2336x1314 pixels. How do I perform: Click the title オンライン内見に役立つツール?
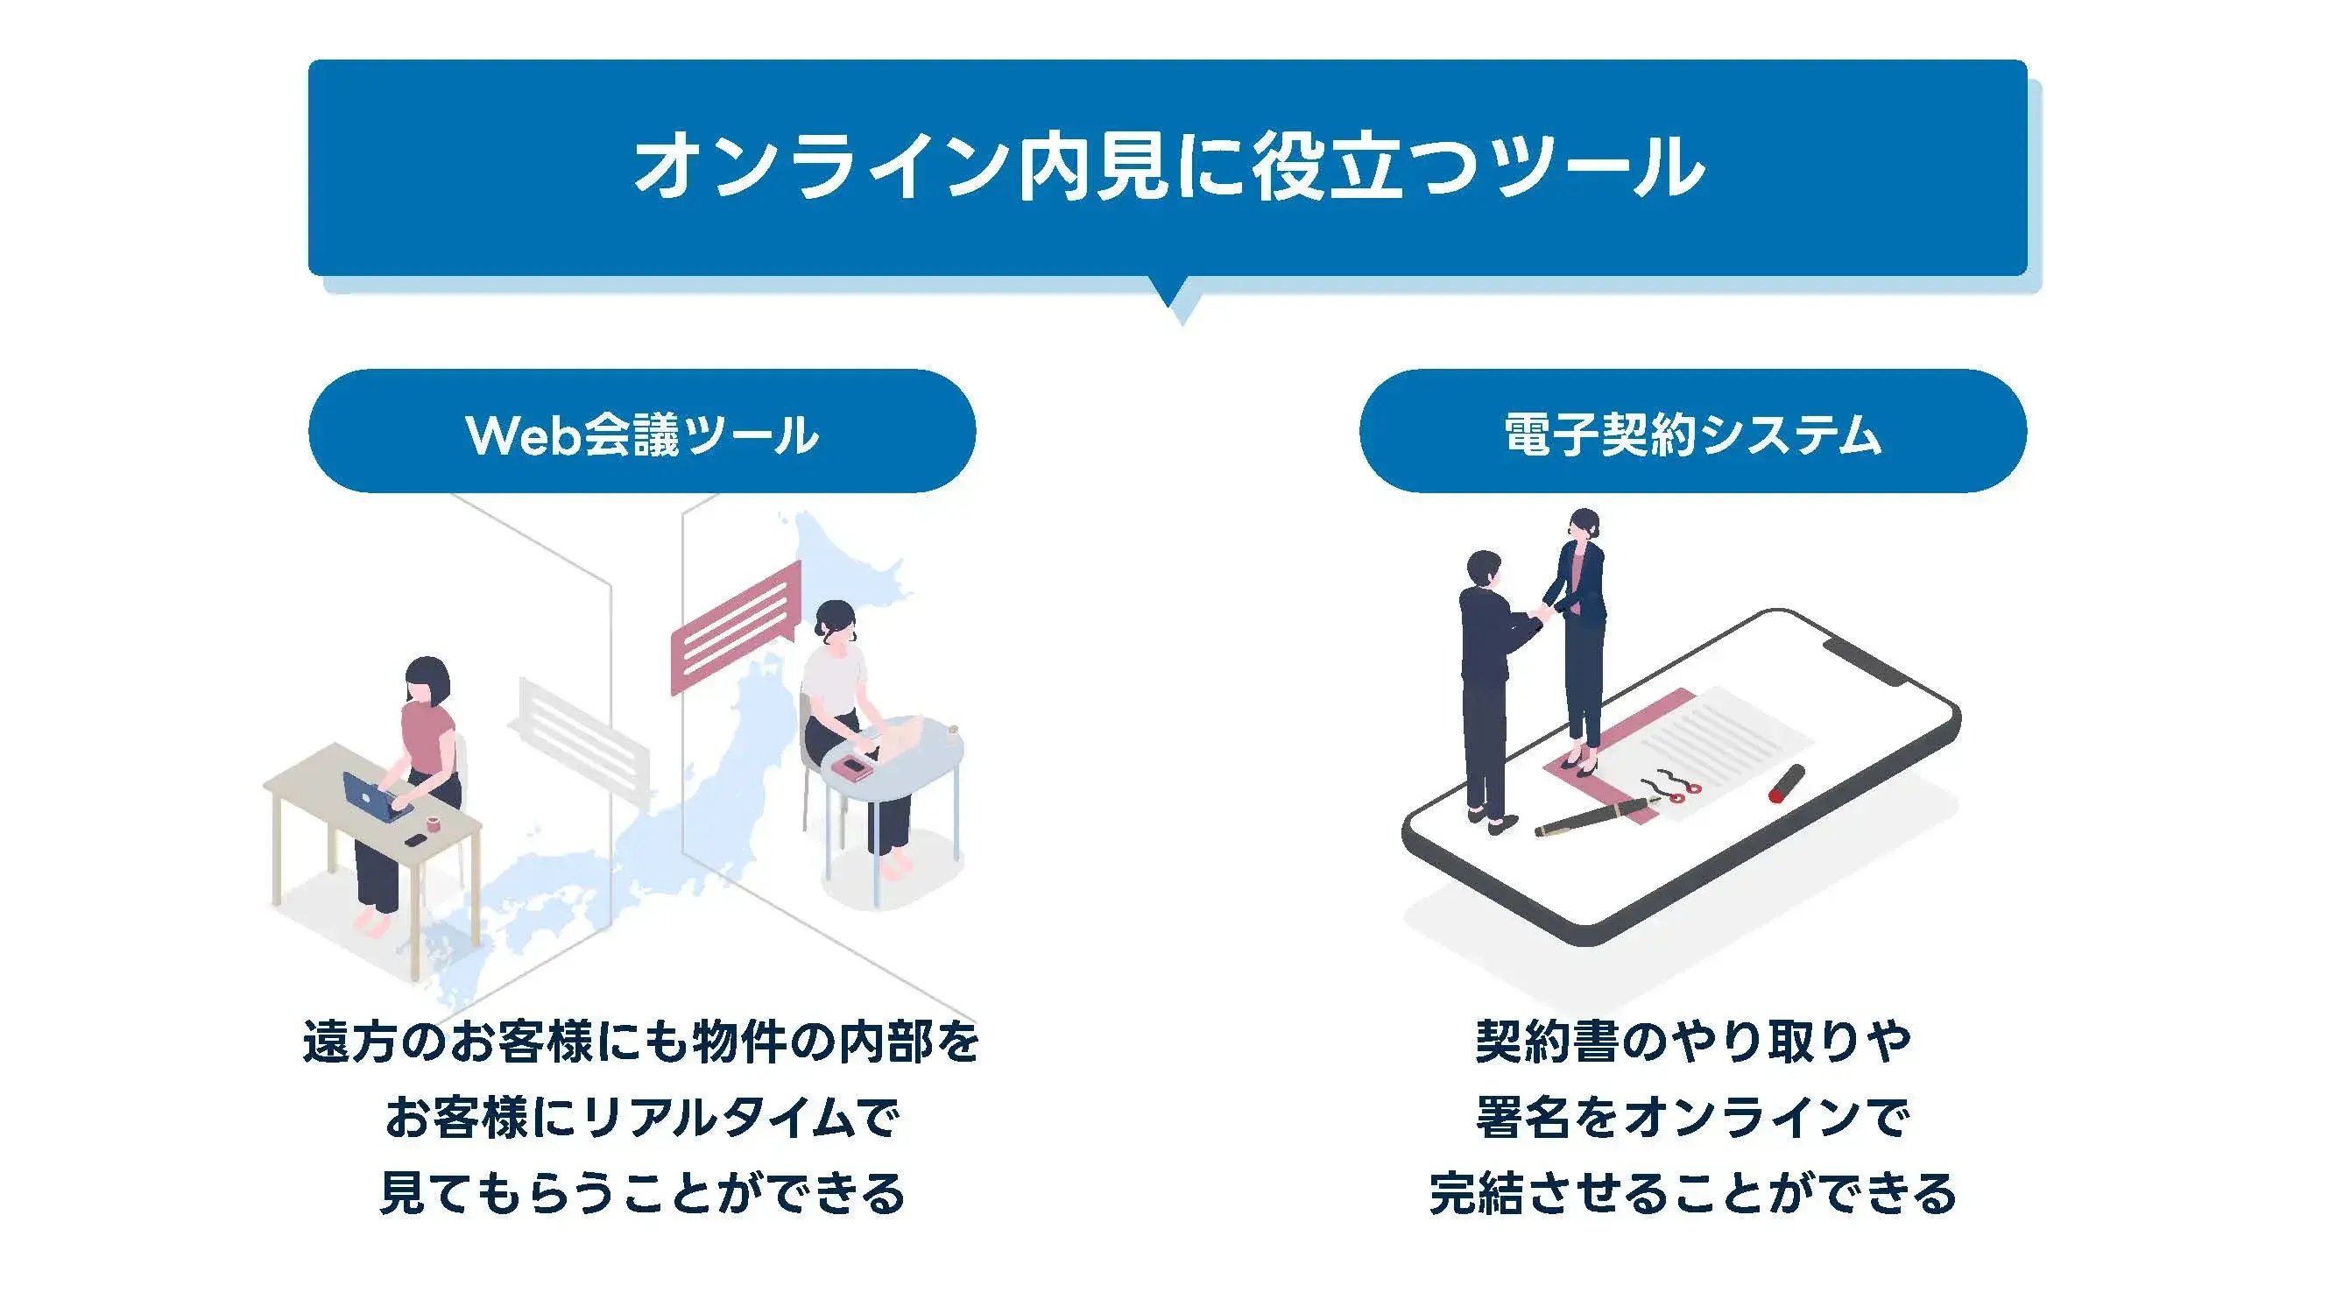1168,166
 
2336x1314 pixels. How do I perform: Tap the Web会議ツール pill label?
642,433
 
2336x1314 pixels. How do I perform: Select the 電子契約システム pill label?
1692,433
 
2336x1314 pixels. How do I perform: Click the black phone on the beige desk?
414,841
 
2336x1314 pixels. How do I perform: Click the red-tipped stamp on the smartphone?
1787,784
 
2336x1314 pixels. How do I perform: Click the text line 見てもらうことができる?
642,1193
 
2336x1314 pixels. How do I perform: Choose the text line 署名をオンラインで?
1692,1117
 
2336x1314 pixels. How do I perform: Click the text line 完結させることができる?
1692,1193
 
